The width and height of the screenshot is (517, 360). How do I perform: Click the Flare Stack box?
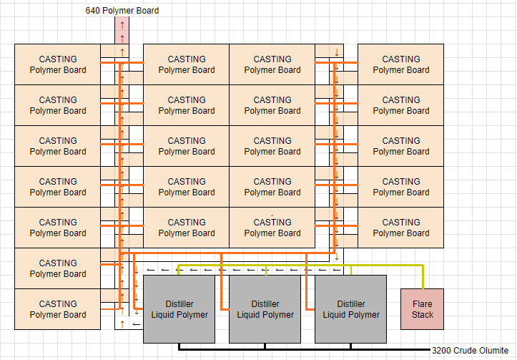point(422,309)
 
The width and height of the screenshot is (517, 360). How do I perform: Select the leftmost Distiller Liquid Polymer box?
point(179,309)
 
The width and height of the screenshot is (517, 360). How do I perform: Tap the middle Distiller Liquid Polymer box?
point(265,309)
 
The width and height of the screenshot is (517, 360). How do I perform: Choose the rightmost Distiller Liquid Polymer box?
point(351,309)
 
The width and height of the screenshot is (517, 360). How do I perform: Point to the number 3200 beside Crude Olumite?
point(444,351)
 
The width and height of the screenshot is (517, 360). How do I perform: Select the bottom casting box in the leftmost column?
point(58,309)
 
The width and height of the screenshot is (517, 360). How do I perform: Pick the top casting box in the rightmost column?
point(401,64)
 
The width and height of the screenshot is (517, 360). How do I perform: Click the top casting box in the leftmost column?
point(58,64)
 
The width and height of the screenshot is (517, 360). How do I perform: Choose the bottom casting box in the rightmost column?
point(401,228)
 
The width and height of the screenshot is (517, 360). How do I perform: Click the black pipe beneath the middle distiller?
point(265,347)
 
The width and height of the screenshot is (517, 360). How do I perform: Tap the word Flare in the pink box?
point(423,304)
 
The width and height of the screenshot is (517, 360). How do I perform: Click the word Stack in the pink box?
point(423,315)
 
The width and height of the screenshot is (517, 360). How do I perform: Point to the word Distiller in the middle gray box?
point(265,304)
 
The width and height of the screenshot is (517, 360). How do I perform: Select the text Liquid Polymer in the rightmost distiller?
point(351,315)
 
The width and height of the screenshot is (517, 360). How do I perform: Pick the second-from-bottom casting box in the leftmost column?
point(58,268)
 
